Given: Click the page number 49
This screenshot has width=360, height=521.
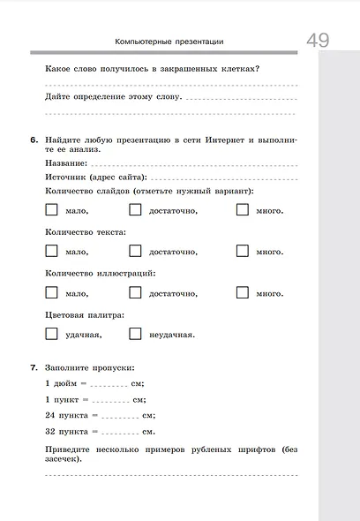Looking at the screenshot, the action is coord(319,40).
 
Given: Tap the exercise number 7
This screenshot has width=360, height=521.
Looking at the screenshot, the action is coord(33,366).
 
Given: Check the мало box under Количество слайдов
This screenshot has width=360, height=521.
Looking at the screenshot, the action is coord(51,210).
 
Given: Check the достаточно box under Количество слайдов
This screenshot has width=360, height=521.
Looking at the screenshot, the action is coord(135,210).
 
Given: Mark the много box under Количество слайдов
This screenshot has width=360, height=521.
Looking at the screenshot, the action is coord(242,210).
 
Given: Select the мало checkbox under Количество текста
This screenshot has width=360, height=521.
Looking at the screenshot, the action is coord(51,251).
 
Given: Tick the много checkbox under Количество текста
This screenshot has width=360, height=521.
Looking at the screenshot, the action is coord(242,251).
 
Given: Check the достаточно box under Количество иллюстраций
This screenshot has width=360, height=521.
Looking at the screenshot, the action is coord(135,292).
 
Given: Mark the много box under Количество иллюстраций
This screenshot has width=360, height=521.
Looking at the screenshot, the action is coord(242,292).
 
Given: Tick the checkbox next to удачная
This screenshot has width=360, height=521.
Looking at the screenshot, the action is coord(51,334).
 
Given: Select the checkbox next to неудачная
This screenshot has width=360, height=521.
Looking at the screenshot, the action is coord(135,334).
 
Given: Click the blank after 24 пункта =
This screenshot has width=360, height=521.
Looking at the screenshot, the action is coord(120,416).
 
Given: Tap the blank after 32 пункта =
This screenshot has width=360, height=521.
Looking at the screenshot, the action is coord(120,432).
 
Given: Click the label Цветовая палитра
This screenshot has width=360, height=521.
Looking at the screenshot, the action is coord(84,314).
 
